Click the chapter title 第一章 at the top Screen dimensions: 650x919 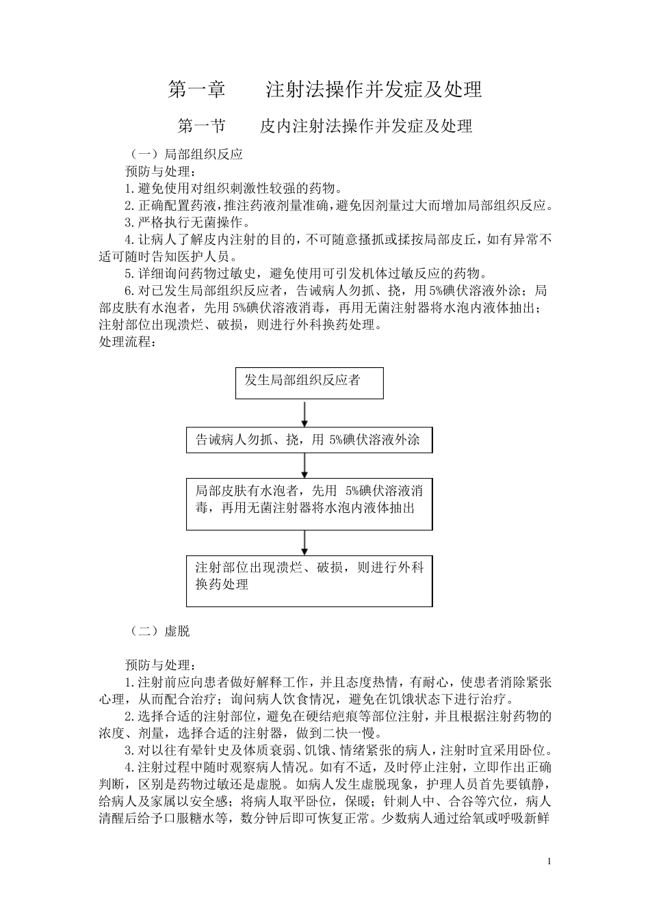[197, 90]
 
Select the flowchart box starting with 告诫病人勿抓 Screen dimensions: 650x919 [309, 440]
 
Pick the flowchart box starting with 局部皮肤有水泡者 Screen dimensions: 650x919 [309, 505]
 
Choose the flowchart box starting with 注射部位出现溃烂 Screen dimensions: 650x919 [309, 581]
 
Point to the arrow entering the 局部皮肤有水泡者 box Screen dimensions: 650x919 [304, 466]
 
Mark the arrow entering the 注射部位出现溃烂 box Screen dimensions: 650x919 [304, 542]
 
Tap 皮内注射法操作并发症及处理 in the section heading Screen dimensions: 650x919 [366, 126]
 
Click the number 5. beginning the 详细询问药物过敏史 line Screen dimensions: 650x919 [131, 274]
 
